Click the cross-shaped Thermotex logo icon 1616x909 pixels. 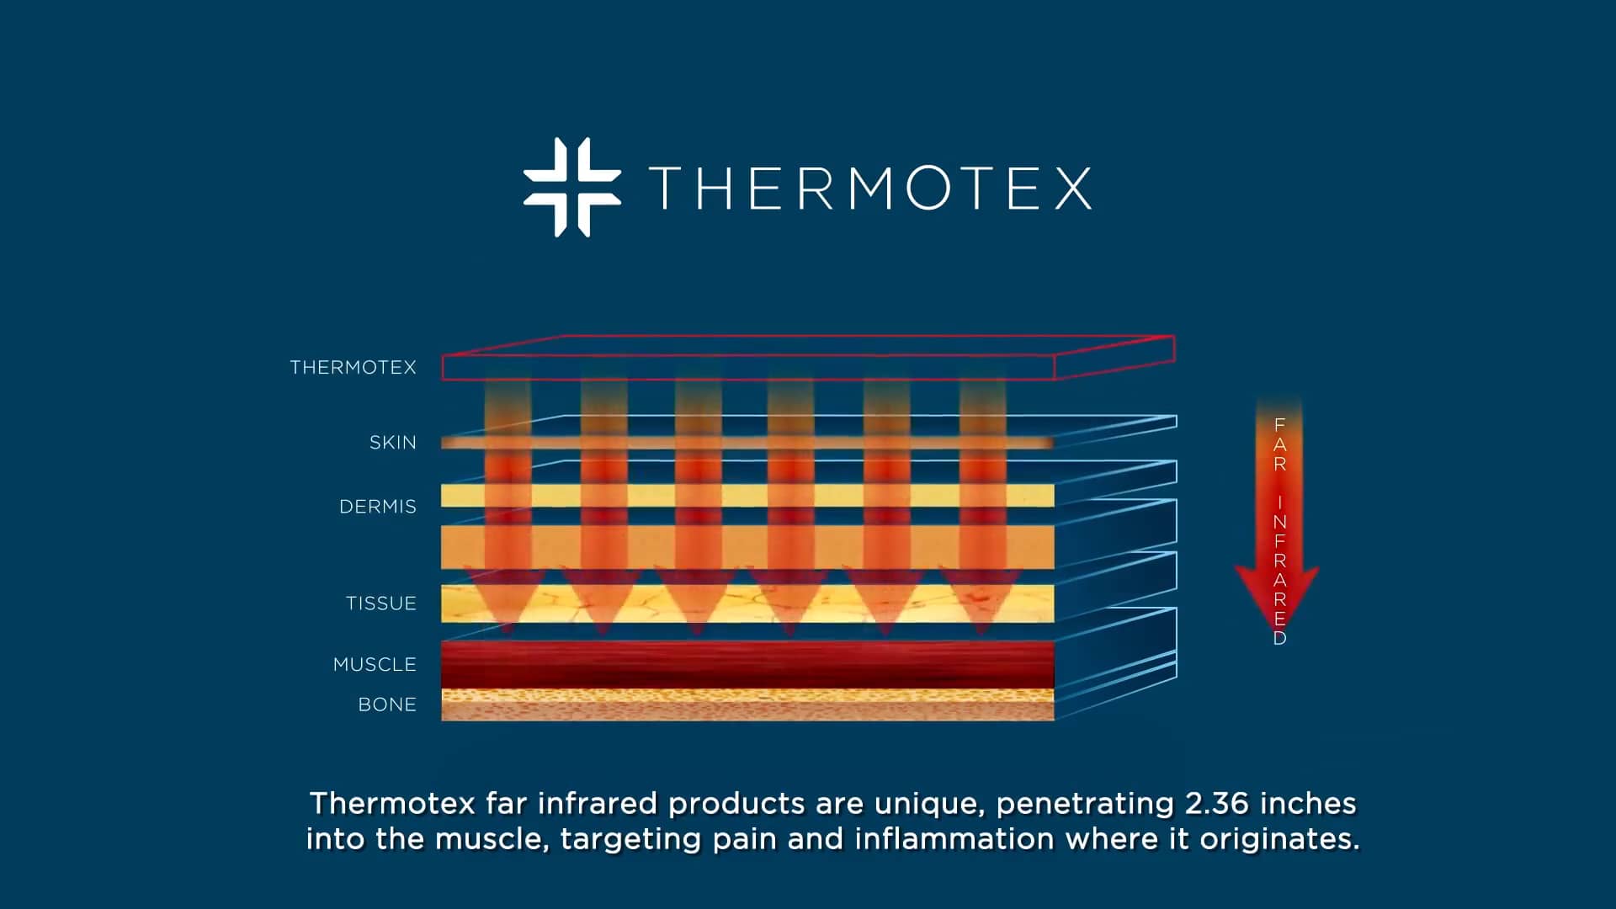pyautogui.click(x=572, y=187)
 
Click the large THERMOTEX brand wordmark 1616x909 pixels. pyautogui.click(x=870, y=188)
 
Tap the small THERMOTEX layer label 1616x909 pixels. pyautogui.click(x=353, y=368)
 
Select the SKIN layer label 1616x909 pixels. pyautogui.click(x=392, y=443)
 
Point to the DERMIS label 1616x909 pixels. pyautogui.click(x=377, y=507)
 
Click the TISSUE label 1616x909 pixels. pyautogui.click(x=380, y=603)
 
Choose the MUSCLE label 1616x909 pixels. pyautogui.click(x=375, y=665)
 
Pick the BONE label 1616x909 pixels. pyautogui.click(x=387, y=704)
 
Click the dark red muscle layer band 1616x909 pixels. pyautogui.click(x=747, y=664)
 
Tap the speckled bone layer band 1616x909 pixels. pyautogui.click(x=747, y=704)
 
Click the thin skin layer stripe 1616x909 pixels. pyautogui.click(x=747, y=442)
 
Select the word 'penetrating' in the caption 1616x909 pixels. pyautogui.click(x=1085, y=804)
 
